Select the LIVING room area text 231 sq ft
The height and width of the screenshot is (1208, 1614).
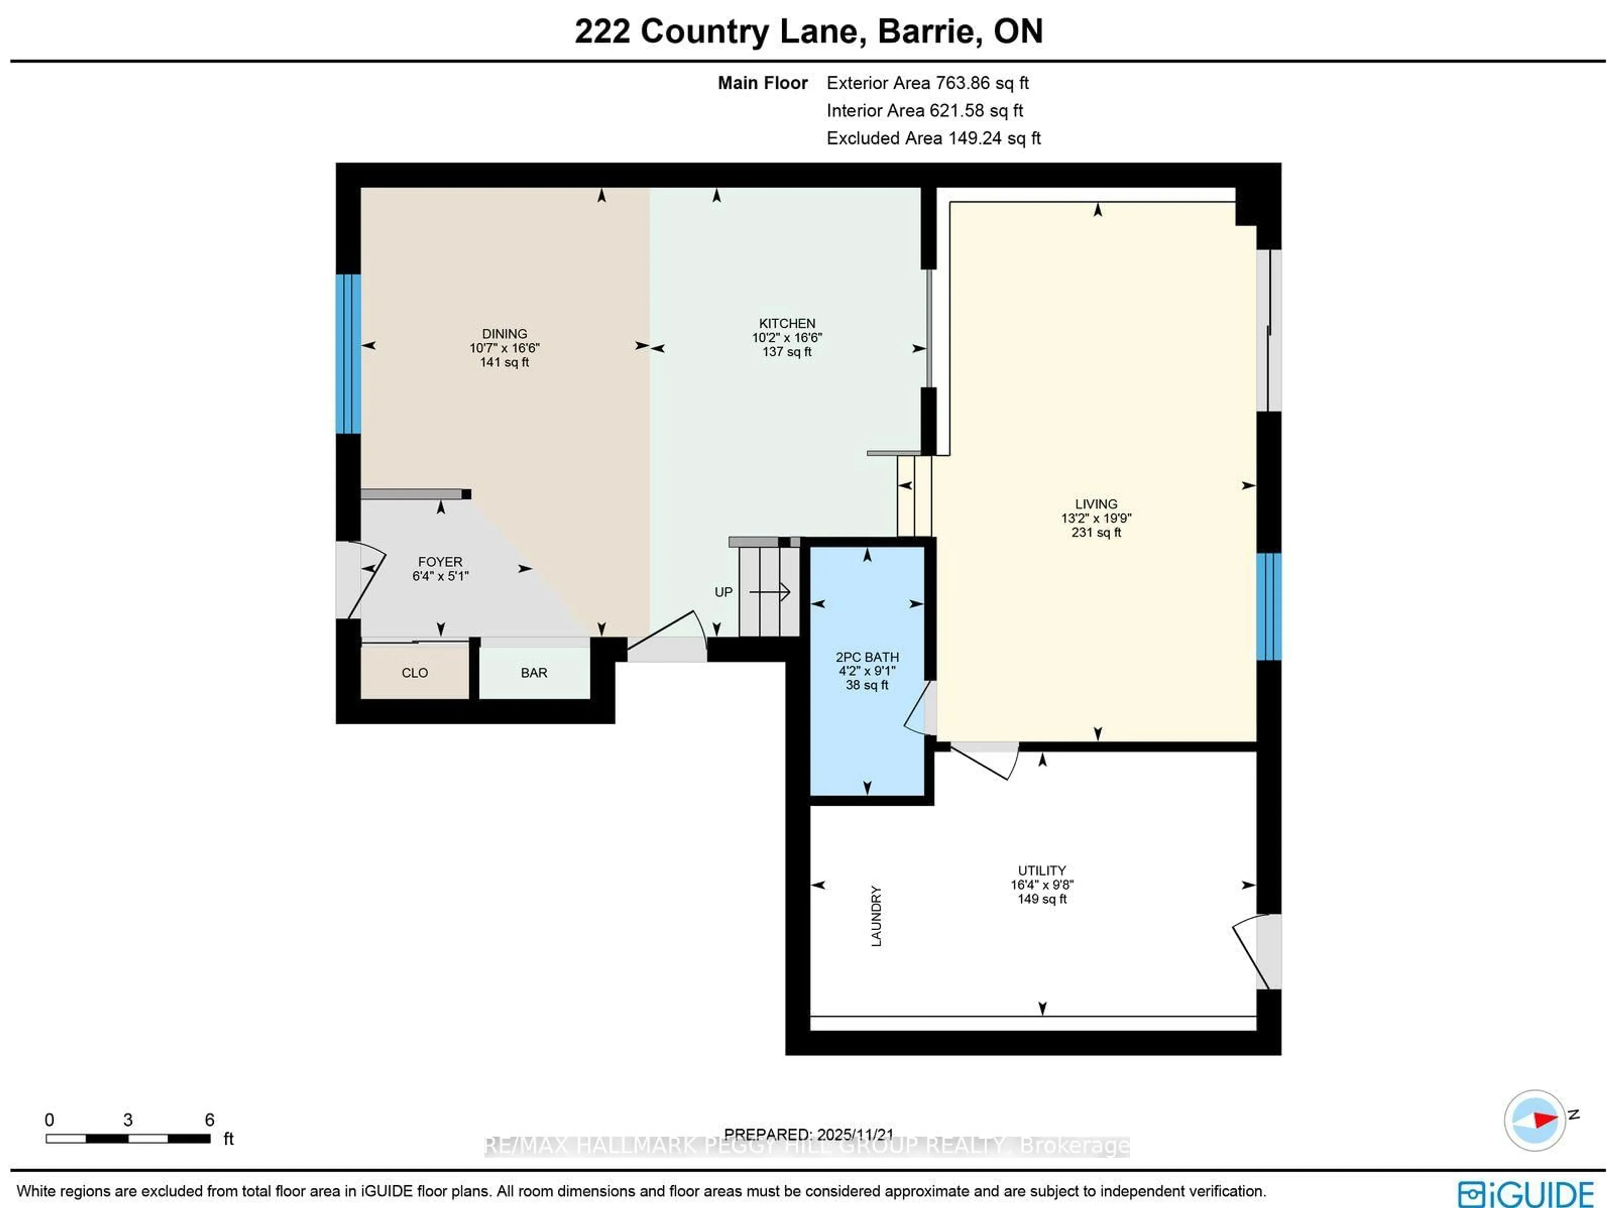(1095, 532)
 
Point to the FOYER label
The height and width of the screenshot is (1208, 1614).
(440, 562)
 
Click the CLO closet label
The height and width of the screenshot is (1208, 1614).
(414, 673)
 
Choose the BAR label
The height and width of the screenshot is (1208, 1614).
(533, 673)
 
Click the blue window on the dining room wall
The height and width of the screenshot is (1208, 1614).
(348, 354)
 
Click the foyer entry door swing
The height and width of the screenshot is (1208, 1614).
(361, 580)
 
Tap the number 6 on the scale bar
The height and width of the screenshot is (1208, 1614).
(209, 1120)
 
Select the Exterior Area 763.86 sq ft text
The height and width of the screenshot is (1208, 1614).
(927, 83)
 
